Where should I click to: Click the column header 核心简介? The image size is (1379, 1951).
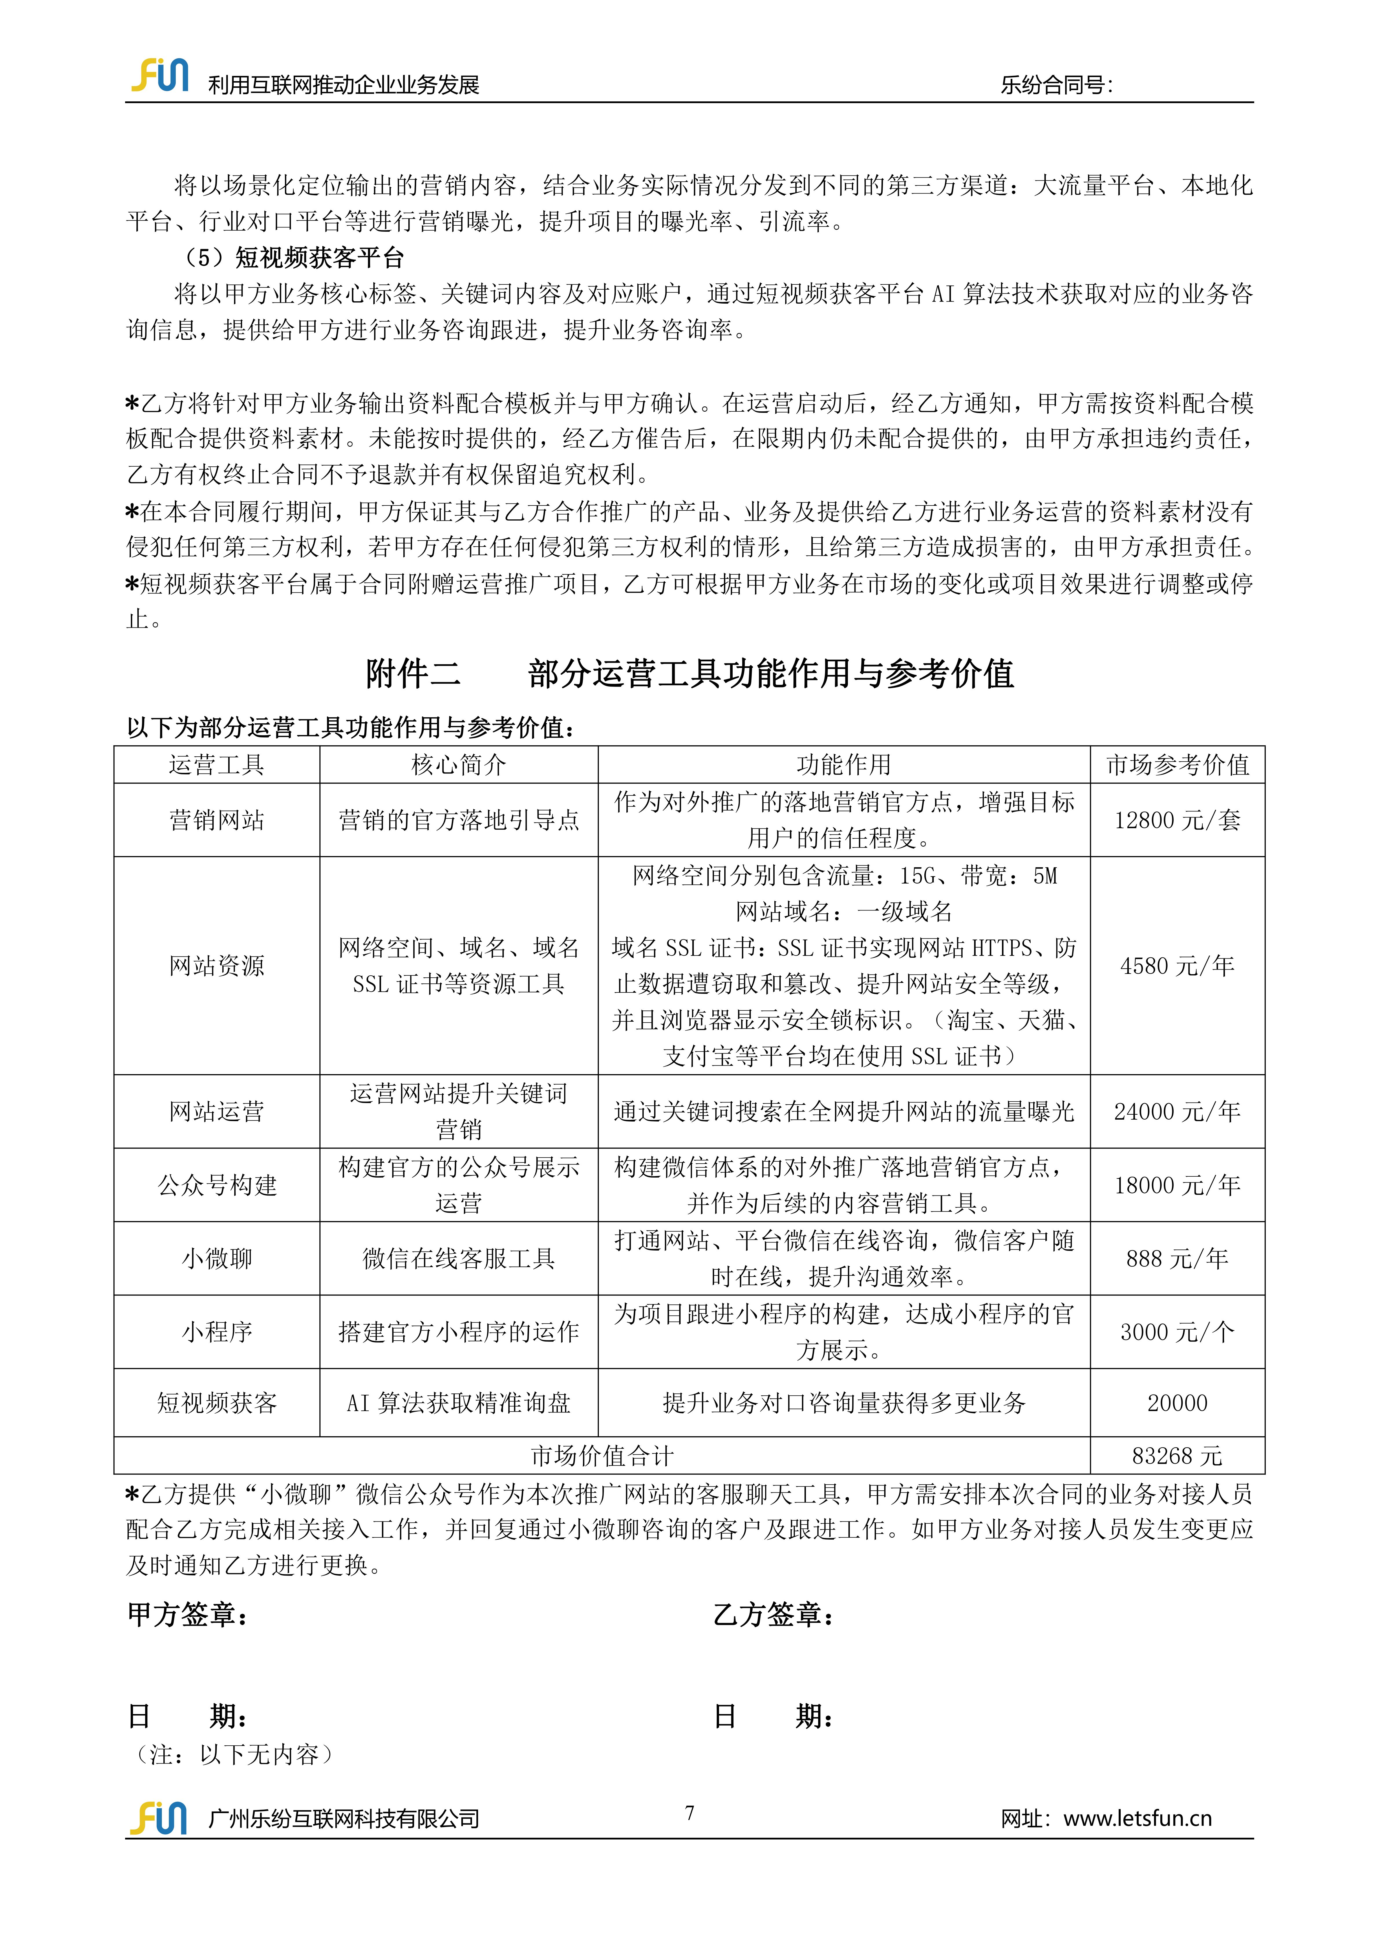(x=459, y=765)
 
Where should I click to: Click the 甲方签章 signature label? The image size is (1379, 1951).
(x=187, y=1614)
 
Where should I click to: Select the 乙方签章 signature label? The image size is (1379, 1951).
(x=773, y=1614)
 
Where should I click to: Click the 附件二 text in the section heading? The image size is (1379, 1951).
(x=413, y=674)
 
